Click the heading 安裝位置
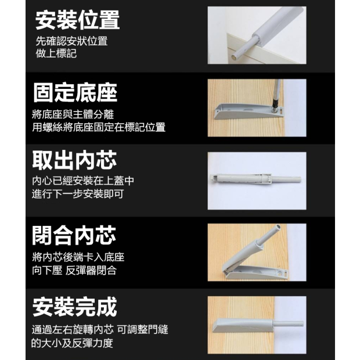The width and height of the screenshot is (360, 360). [77, 20]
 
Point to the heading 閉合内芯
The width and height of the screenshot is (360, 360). [74, 236]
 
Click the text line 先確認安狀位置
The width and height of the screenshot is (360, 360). [71, 41]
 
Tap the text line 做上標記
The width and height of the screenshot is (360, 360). [56, 53]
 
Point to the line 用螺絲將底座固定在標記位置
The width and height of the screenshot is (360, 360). [99, 127]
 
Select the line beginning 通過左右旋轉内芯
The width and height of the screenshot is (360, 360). [100, 329]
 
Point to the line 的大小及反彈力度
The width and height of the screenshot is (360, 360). [72, 343]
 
